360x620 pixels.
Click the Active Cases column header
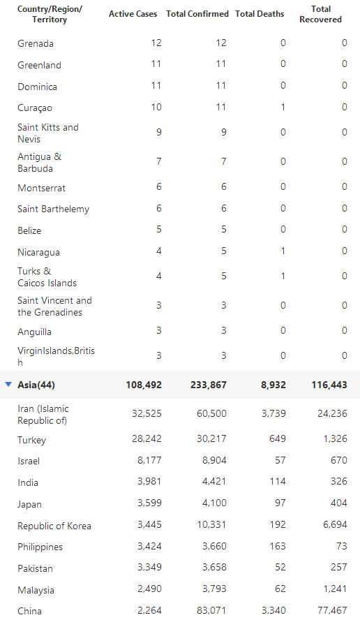click(x=133, y=14)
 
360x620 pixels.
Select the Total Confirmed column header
click(x=197, y=14)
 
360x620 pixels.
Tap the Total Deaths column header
click(x=260, y=14)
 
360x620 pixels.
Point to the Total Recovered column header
click(x=320, y=14)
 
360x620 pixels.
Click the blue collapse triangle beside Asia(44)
click(x=8, y=384)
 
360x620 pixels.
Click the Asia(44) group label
click(x=36, y=385)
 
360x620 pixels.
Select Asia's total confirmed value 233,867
click(x=208, y=385)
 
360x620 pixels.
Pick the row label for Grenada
click(x=36, y=43)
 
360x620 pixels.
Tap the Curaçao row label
click(x=35, y=108)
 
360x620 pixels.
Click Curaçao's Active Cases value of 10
click(x=156, y=107)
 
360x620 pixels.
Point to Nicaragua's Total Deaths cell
click(x=283, y=251)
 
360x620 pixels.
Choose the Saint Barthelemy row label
click(x=53, y=209)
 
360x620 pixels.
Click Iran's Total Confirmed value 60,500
click(x=212, y=413)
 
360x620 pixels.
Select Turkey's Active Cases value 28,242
click(x=147, y=438)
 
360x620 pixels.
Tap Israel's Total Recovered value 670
click(x=339, y=460)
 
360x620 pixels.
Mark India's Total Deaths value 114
click(x=278, y=481)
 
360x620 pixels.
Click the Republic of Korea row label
click(x=54, y=526)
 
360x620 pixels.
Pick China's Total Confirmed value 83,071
click(x=212, y=611)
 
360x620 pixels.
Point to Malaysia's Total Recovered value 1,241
click(x=335, y=589)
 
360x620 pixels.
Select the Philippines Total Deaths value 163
click(x=278, y=546)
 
